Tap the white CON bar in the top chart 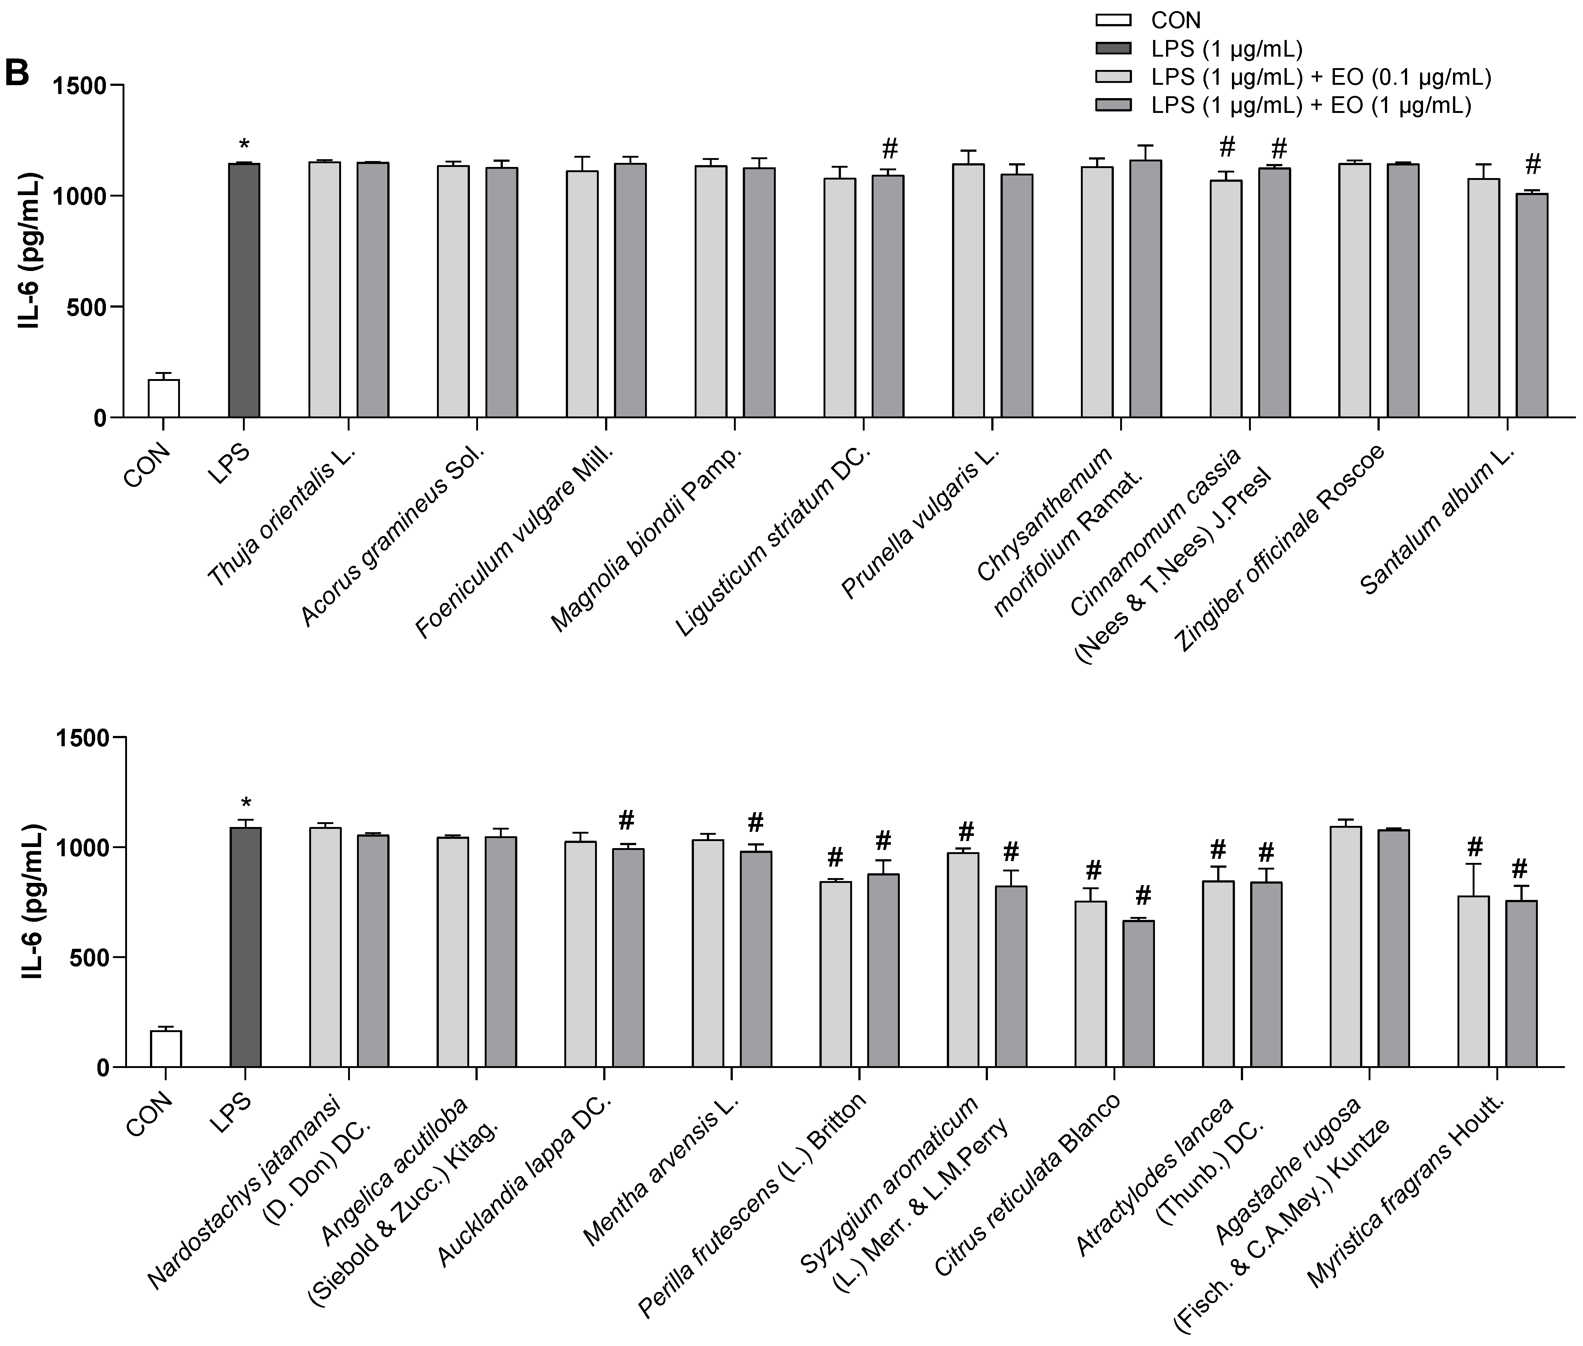pyautogui.click(x=163, y=398)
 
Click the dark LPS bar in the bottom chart pyautogui.click(x=245, y=946)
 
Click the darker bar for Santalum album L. pyautogui.click(x=1531, y=305)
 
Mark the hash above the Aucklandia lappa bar pyautogui.click(x=627, y=820)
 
